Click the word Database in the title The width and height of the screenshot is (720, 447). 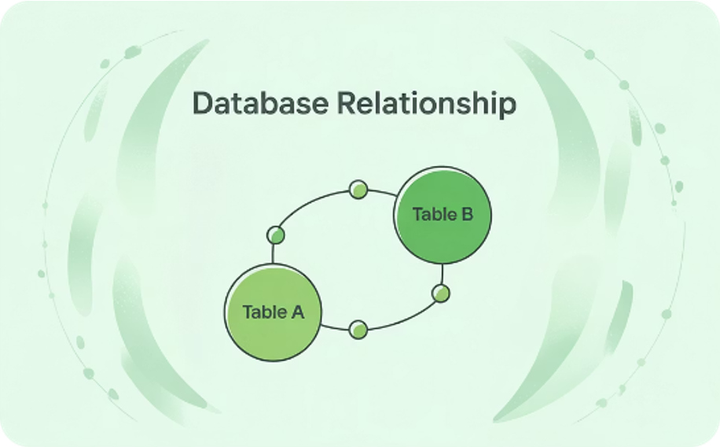click(260, 102)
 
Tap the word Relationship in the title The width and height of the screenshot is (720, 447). click(427, 103)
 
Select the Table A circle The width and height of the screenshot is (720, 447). click(274, 312)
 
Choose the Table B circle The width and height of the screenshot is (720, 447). click(443, 215)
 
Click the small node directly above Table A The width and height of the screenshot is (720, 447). click(276, 235)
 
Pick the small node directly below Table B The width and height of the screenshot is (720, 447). click(441, 294)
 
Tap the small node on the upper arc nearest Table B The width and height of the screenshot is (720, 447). click(358, 189)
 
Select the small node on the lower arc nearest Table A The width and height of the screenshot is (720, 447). click(358, 330)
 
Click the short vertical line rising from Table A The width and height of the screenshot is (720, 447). click(273, 254)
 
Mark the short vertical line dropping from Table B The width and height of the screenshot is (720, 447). click(443, 274)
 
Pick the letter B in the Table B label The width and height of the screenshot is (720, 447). click(467, 214)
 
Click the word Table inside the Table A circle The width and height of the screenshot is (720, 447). click(264, 312)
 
